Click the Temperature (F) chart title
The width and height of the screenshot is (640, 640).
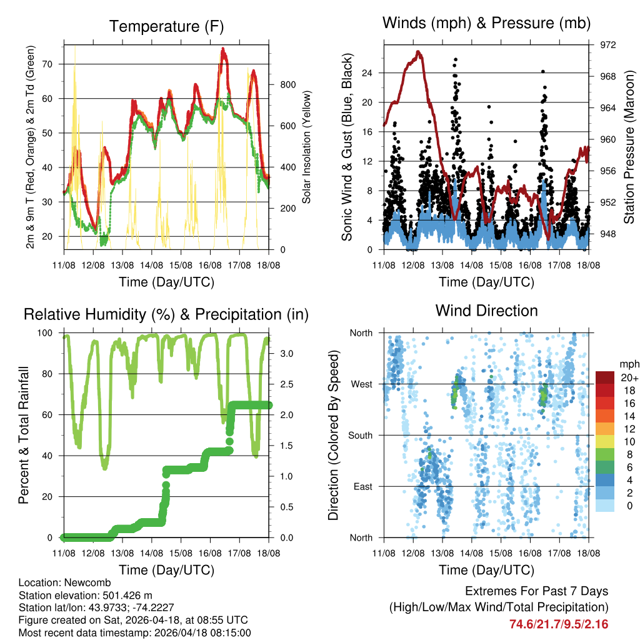click(x=166, y=26)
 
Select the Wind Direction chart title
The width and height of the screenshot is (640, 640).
click(x=486, y=311)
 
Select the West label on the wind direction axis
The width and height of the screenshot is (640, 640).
click(x=361, y=384)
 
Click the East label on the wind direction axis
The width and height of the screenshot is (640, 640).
click(x=362, y=486)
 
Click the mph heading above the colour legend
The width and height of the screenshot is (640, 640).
click(x=628, y=363)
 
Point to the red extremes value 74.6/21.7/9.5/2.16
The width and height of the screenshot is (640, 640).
click(x=559, y=624)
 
